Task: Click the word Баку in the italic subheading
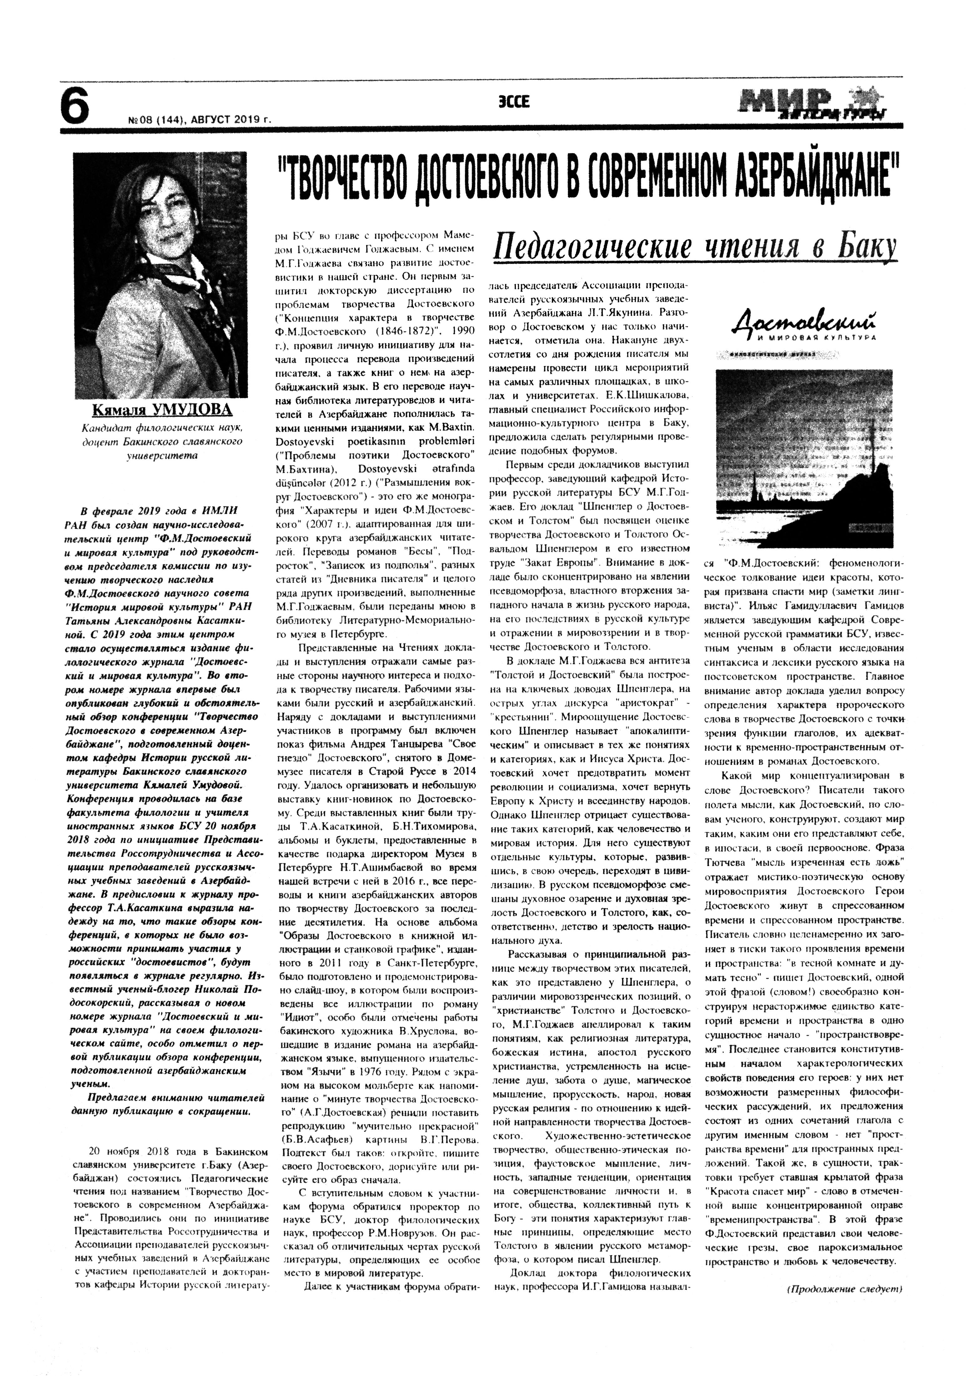click(x=864, y=247)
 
